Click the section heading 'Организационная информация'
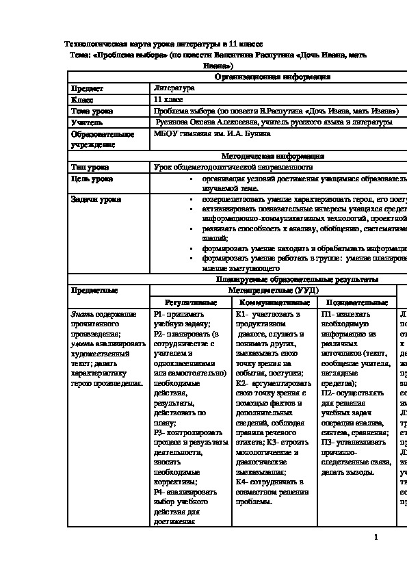pos(272,77)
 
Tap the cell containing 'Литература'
pos(174,88)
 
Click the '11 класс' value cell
pos(170,99)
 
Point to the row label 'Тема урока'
pos(92,111)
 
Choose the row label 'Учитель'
pos(88,122)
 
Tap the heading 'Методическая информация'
pos(272,156)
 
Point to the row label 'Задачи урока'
pos(96,200)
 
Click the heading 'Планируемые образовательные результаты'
pos(296,280)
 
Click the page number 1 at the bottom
pos(376,538)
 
